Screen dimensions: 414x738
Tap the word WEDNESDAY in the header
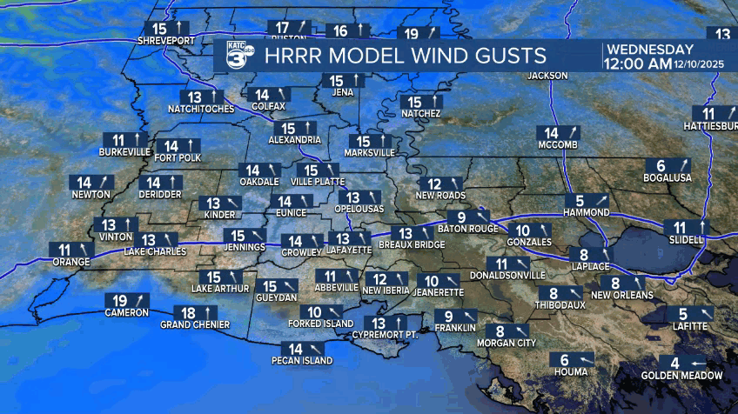tap(650, 49)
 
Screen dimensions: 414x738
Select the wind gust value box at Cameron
tap(127, 301)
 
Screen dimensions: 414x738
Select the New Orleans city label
tap(622, 295)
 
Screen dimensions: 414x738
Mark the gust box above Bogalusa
tap(672, 165)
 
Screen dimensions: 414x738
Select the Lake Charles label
tap(155, 251)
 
